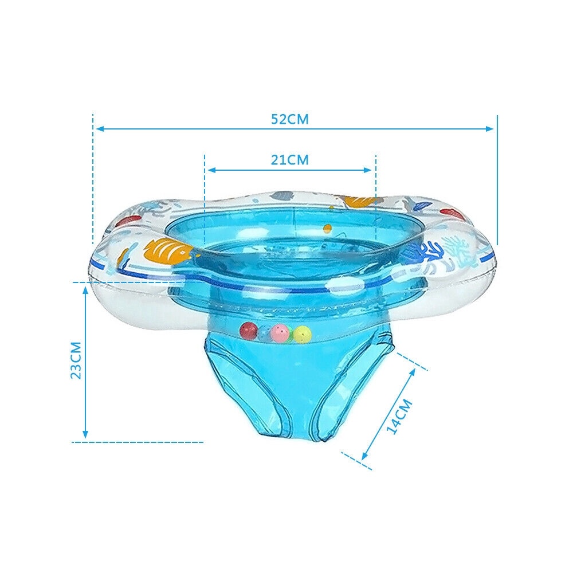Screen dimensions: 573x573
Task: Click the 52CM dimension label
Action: (290, 119)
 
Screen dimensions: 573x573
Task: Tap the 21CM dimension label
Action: (290, 160)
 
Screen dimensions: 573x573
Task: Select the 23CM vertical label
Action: (76, 360)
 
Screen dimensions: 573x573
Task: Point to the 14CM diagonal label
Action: (399, 417)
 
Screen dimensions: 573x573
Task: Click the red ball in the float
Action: (249, 331)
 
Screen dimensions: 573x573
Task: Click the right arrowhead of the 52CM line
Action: (489, 128)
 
